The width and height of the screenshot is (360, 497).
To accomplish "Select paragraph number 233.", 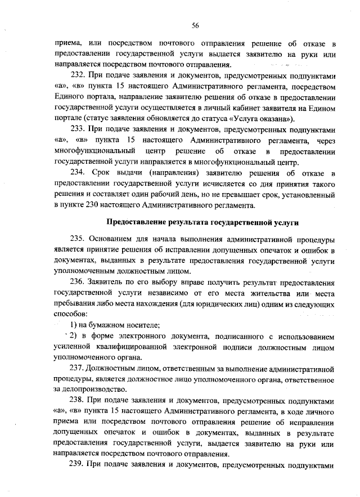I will tap(78, 129).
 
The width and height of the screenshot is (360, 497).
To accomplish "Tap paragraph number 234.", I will tap(78, 172).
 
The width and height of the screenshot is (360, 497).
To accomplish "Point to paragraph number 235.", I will tap(78, 239).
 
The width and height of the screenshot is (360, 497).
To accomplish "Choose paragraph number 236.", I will tap(78, 282).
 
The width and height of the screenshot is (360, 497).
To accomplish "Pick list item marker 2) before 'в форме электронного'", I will tap(74, 336).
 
